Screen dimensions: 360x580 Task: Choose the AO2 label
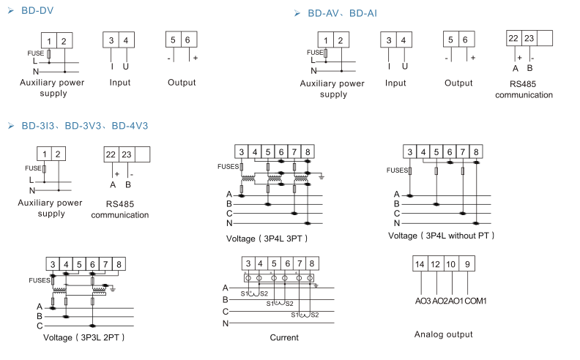(x=439, y=301)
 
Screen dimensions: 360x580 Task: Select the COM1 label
(x=476, y=301)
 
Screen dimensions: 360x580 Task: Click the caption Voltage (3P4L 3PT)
(x=267, y=239)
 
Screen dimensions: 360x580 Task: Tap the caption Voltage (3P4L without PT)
(x=441, y=236)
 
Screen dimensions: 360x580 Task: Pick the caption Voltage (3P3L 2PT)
(x=83, y=337)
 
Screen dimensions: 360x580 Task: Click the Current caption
(x=283, y=337)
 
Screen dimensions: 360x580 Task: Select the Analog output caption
(x=443, y=334)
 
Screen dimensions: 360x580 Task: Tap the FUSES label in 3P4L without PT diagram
(x=397, y=170)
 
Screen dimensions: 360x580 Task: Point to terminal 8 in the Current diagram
(x=312, y=263)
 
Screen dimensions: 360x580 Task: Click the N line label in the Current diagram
(x=226, y=323)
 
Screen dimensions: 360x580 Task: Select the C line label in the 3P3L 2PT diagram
(x=39, y=326)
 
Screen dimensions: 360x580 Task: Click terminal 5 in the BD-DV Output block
(x=172, y=40)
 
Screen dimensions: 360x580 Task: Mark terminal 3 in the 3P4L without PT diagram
(x=409, y=151)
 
